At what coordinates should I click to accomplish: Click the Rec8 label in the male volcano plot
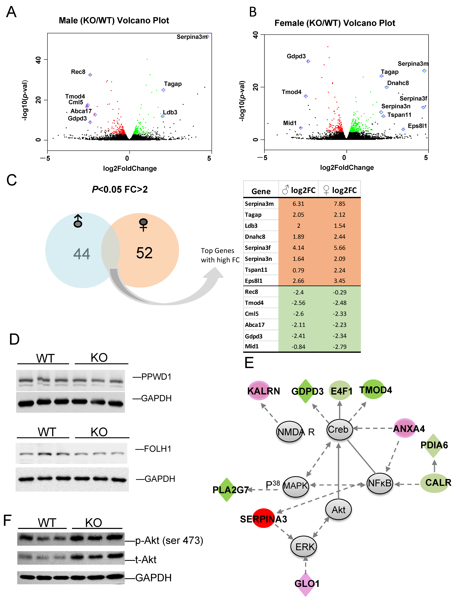point(78,72)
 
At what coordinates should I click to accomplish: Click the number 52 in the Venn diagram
point(144,253)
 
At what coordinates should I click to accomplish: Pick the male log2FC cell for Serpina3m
point(298,204)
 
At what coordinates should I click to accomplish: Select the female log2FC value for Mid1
point(339,347)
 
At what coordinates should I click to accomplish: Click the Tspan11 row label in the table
point(256,270)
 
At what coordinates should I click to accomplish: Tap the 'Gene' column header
point(261,191)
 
